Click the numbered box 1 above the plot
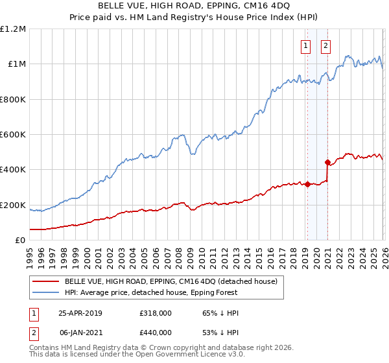(305, 45)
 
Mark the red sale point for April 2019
(307, 184)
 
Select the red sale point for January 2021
(327, 163)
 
